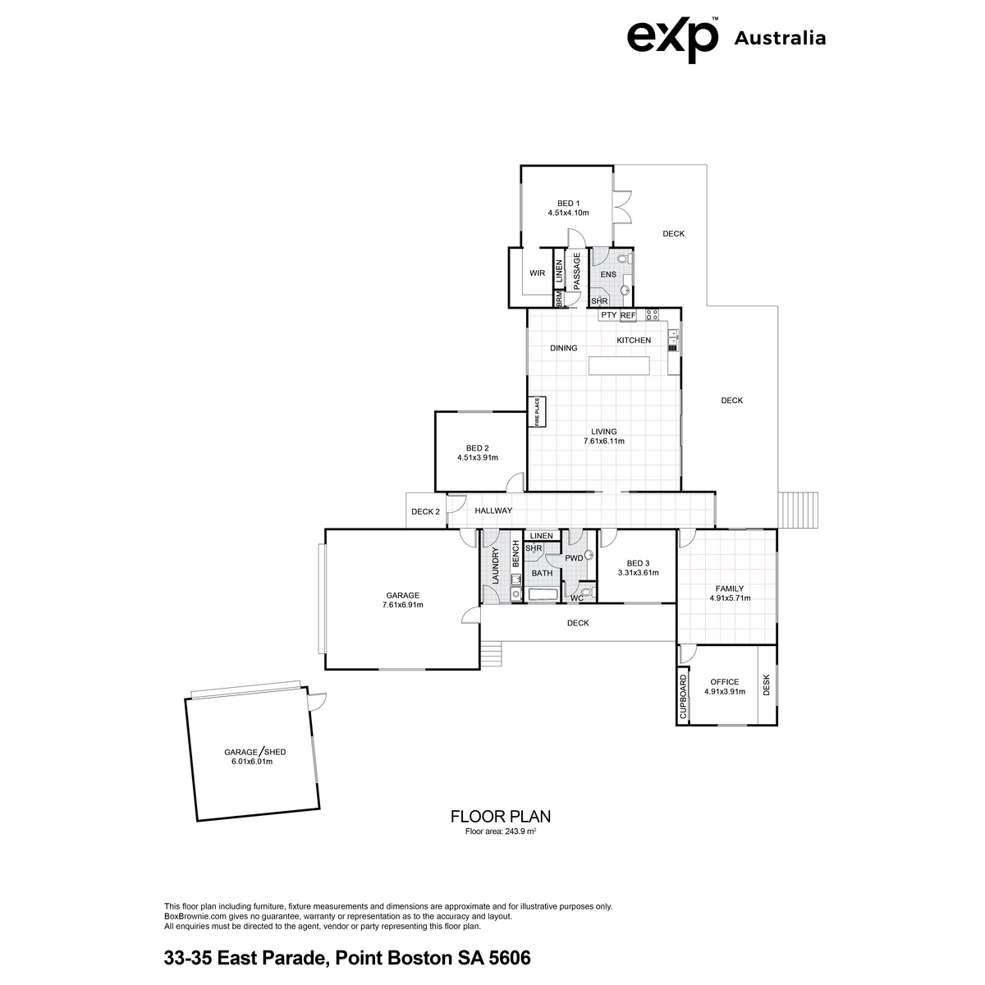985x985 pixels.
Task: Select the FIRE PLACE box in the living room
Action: point(537,412)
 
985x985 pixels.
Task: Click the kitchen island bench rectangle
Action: point(619,365)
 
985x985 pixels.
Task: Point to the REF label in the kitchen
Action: point(628,315)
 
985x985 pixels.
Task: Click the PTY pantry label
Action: point(608,315)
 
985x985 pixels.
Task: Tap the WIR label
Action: point(537,273)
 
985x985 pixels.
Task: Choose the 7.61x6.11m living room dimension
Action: point(603,441)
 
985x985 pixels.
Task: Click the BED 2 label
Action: point(478,448)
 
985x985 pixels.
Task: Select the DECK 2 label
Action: point(425,511)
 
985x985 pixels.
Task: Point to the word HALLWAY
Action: point(493,511)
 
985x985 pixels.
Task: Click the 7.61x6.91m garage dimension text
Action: point(403,605)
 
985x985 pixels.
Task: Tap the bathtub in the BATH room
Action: point(541,594)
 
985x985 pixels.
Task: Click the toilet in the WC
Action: point(591,593)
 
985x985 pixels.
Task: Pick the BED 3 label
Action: point(638,563)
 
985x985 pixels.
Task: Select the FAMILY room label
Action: point(730,589)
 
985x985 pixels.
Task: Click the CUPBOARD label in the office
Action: point(683,697)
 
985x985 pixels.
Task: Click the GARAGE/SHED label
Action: point(254,752)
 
